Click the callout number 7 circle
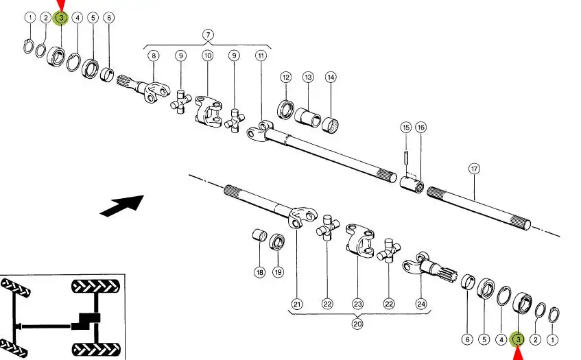coord(208,34)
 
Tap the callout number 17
coord(473,168)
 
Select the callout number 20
coord(357,324)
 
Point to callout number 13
coord(308,77)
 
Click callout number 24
coord(420,304)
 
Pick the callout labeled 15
coord(406,127)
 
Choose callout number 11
coord(261,56)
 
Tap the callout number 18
coord(259,272)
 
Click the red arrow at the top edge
coord(60,5)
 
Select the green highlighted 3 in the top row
coord(60,18)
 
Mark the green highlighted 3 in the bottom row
coord(519,339)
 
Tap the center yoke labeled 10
coord(208,110)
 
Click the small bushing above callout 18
coord(259,237)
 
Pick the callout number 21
coord(297,304)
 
